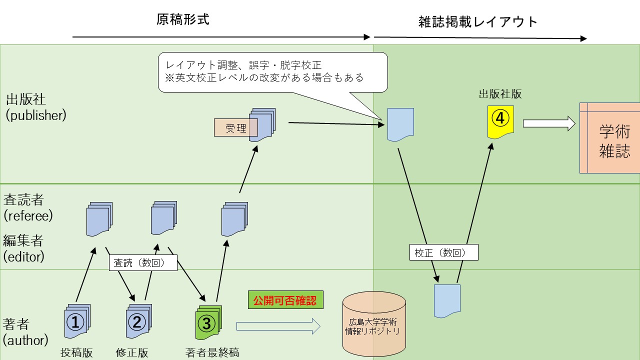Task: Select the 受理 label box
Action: (x=235, y=128)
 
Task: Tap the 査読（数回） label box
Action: (x=143, y=263)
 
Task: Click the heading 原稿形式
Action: (x=182, y=20)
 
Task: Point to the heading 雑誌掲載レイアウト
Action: (x=477, y=22)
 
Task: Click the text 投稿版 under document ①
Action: (x=76, y=352)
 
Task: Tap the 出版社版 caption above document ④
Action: (x=500, y=94)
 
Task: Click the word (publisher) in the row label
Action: (x=35, y=115)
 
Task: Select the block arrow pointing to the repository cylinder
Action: (x=278, y=326)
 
